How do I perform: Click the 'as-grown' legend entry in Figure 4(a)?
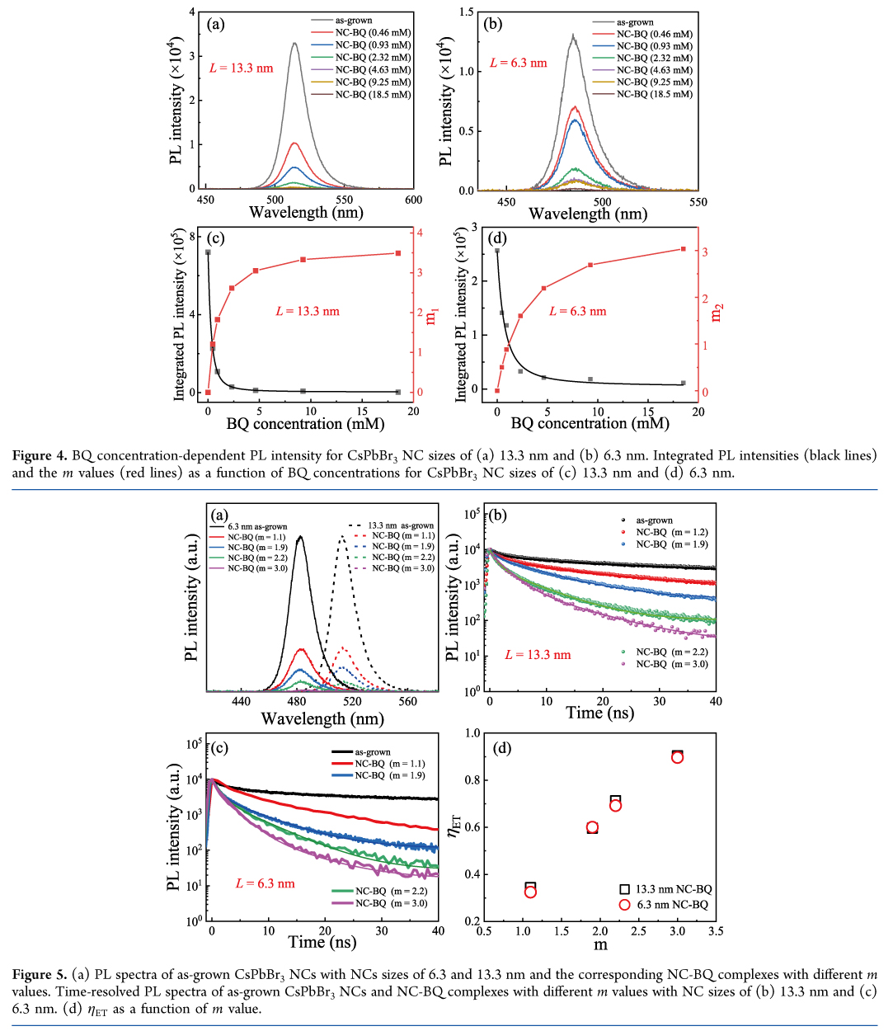354,21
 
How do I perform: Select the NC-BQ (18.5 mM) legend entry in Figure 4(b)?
654,94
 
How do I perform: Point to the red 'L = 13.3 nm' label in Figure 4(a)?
241,68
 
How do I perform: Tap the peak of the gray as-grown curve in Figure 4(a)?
294,44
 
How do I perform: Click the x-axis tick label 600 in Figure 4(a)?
413,200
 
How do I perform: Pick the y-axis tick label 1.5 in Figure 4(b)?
467,12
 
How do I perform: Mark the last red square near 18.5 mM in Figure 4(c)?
398,253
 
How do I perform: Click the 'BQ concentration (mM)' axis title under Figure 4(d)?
590,423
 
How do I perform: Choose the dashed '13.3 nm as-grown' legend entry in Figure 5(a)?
401,525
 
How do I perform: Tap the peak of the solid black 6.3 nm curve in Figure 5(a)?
299,537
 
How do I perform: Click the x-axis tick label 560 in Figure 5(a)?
408,702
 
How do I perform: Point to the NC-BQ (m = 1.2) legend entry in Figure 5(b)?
672,533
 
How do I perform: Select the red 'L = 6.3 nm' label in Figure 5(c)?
265,883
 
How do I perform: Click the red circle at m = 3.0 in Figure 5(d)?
677,757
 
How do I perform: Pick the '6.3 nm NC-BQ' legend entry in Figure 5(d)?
672,905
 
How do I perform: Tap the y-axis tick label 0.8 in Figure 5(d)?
472,780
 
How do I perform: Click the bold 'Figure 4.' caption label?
40,455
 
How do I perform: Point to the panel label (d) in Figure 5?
501,749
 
